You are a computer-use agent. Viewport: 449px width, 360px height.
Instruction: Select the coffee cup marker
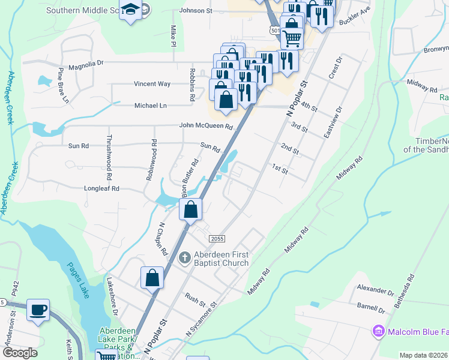click(x=39, y=310)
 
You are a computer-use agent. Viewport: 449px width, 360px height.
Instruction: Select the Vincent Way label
click(x=152, y=84)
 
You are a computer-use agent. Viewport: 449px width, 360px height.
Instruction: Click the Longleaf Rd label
click(x=103, y=188)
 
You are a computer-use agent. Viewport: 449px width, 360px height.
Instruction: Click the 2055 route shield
click(x=217, y=239)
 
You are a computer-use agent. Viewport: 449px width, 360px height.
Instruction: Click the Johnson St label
click(x=196, y=11)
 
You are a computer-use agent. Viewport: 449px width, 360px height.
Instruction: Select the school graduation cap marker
click(x=130, y=10)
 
